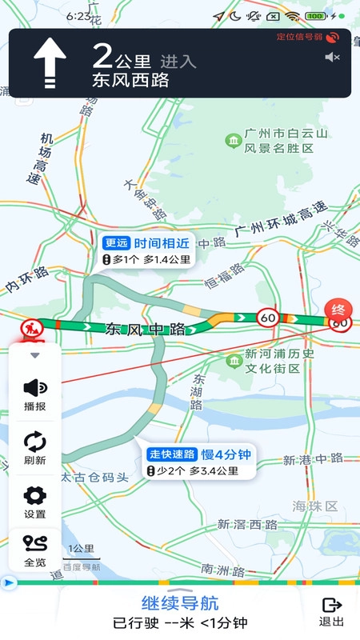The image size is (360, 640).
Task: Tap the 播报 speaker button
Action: pos(34,393)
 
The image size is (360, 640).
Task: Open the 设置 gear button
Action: pos(34,501)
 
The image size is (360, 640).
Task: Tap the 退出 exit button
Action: pos(332,611)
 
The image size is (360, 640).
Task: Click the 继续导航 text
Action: pos(180,603)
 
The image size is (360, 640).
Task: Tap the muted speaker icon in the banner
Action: pos(333,57)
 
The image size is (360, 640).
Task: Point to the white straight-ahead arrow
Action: pos(50,63)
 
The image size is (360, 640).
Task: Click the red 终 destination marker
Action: pos(338,309)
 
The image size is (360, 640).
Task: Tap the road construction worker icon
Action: pos(32,328)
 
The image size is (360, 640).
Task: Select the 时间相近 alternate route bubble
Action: pos(149,250)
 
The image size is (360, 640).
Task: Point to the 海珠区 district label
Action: pos(314,506)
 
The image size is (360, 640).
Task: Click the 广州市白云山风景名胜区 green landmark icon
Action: pos(234,142)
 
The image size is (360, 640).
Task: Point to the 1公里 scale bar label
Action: pos(82,549)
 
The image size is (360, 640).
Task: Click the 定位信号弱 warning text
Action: pos(300,37)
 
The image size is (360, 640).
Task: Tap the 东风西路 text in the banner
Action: pos(131,80)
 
